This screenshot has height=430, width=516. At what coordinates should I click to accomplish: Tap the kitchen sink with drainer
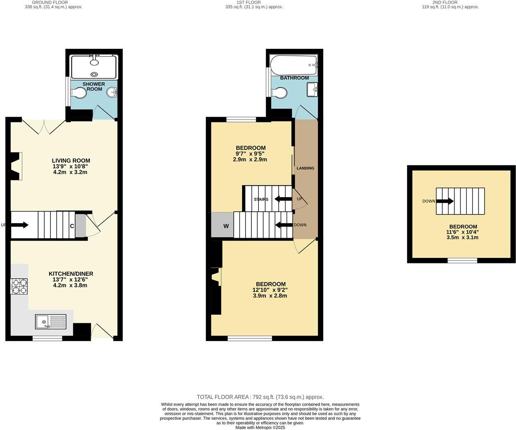(50, 321)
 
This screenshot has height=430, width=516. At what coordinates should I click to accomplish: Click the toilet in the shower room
(79, 93)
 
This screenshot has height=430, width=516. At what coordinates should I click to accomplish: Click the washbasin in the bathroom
(312, 89)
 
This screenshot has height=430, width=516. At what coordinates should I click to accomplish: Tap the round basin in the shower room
(111, 92)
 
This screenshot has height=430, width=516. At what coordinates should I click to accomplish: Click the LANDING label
(305, 168)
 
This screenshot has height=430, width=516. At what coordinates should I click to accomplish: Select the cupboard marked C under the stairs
(72, 226)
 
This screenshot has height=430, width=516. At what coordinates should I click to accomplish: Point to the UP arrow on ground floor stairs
(19, 225)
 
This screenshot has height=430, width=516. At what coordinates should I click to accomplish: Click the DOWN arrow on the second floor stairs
(445, 201)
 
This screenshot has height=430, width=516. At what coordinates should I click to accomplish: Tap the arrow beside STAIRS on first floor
(283, 199)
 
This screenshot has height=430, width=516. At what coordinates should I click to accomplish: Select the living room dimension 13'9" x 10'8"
(70, 166)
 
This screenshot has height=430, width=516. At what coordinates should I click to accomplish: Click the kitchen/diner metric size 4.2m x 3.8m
(70, 285)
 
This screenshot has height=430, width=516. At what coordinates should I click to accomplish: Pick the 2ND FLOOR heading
(445, 2)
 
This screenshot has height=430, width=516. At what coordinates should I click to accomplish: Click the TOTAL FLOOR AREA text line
(260, 397)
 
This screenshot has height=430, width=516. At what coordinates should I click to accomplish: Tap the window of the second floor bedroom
(462, 260)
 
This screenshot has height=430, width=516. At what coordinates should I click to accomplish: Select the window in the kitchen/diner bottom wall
(47, 338)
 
